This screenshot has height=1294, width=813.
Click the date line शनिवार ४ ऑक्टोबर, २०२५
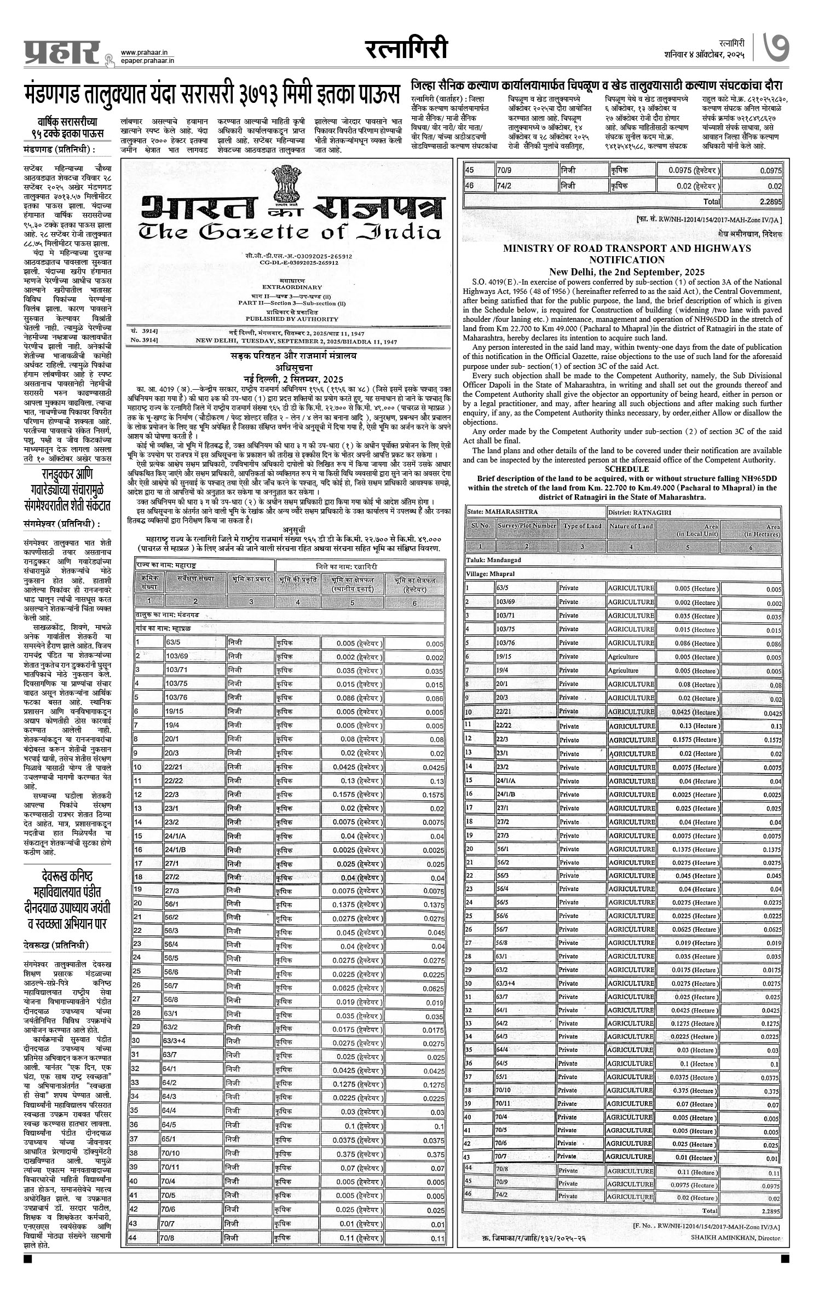pyautogui.click(x=704, y=55)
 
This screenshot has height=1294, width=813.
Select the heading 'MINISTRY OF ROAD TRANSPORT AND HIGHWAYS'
pyautogui.click(x=627, y=249)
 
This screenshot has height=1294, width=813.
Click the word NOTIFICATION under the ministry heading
pyautogui.click(x=627, y=260)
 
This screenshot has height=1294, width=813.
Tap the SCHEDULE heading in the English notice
pyautogui.click(x=626, y=469)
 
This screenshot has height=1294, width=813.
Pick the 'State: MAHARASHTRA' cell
pyautogui.click(x=503, y=512)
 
